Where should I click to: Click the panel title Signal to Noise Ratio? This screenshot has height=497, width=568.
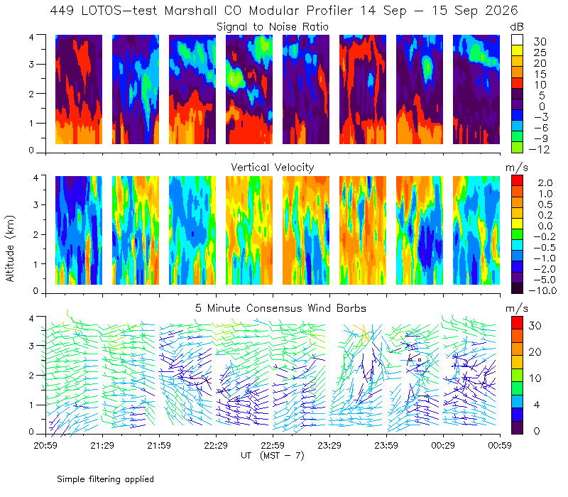click(x=273, y=27)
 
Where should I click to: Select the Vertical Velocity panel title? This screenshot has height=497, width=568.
click(x=273, y=168)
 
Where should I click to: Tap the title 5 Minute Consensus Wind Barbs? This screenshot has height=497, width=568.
click(x=280, y=308)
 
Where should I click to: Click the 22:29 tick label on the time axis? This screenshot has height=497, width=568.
click(x=216, y=445)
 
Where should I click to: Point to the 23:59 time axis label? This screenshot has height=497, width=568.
click(x=386, y=445)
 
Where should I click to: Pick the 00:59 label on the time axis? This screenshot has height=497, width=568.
click(x=500, y=445)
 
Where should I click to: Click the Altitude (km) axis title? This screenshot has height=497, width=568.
click(x=10, y=248)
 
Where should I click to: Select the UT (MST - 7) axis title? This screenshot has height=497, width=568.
click(x=273, y=455)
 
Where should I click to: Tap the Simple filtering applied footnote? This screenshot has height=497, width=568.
click(x=105, y=479)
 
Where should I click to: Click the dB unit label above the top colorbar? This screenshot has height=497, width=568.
click(x=517, y=27)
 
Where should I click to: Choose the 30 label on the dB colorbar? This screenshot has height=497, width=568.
click(x=540, y=42)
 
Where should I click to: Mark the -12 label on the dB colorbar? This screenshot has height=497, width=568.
click(x=539, y=149)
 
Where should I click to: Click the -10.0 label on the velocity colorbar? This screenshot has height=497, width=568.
click(x=542, y=290)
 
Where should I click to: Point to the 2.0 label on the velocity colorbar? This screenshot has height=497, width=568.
click(x=545, y=183)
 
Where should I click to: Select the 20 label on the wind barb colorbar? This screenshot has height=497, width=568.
click(x=535, y=352)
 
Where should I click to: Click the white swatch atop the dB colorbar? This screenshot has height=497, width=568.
click(x=517, y=40)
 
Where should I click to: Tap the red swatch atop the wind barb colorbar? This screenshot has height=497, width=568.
click(x=517, y=323)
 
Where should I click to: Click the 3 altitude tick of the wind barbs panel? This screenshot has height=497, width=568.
click(x=31, y=346)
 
